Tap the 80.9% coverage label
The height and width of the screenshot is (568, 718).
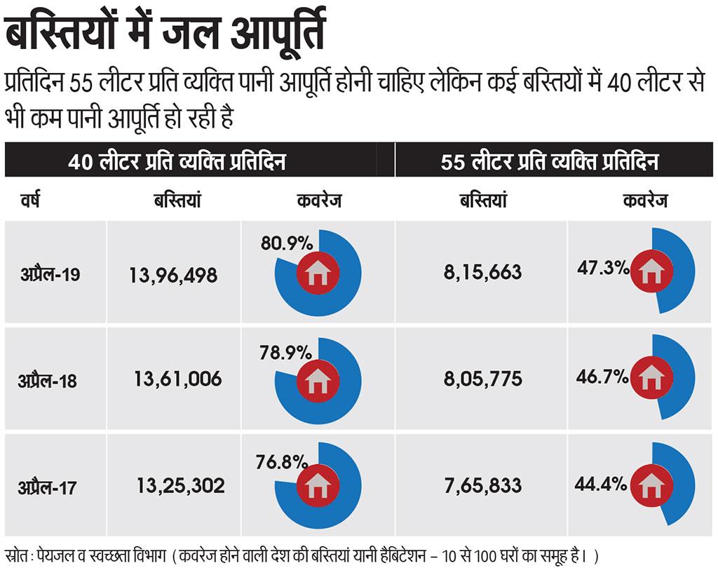coord(286,243)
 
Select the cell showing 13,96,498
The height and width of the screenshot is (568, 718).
coord(173,275)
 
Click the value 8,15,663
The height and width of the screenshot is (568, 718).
coord(482,271)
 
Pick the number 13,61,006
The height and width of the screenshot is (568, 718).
coord(177,380)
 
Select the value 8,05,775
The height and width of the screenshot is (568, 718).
coord(482,379)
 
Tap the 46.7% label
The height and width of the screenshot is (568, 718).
coord(602,377)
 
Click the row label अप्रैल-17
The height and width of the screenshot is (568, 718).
coord(48,486)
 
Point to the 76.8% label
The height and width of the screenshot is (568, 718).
coord(283,461)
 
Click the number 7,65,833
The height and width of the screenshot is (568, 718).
coord(482,485)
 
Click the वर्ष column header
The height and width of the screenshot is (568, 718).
coord(30,201)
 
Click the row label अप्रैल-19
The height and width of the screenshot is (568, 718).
coord(50,274)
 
